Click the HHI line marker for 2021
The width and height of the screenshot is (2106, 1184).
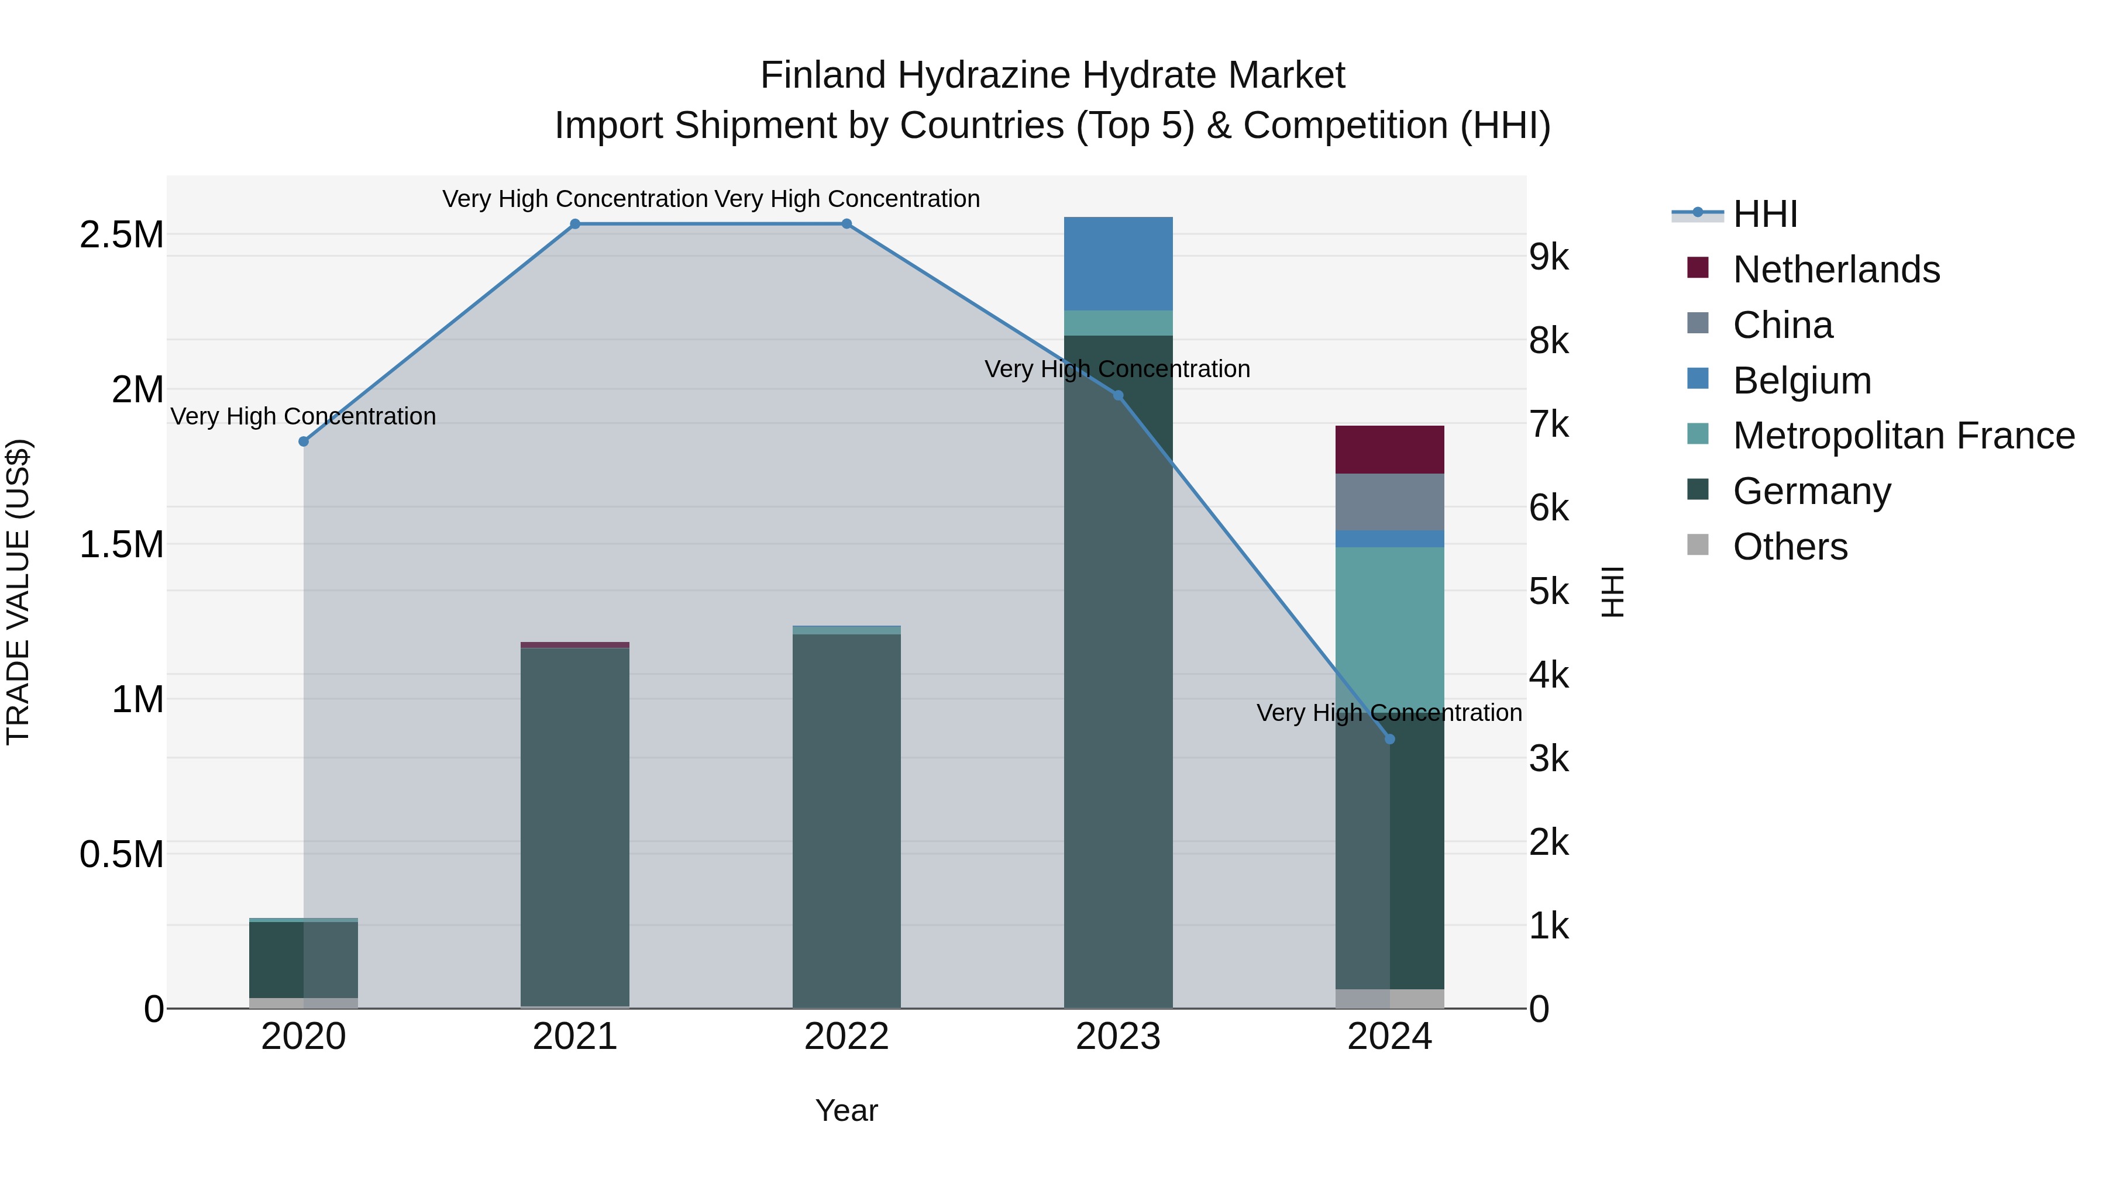tap(574, 224)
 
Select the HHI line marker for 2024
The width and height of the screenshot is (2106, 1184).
tap(1389, 738)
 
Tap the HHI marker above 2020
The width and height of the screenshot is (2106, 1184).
tap(303, 441)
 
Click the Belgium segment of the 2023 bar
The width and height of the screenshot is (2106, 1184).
tap(1117, 263)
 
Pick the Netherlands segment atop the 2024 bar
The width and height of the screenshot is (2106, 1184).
tap(1389, 450)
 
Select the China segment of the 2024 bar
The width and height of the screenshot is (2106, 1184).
tap(1389, 502)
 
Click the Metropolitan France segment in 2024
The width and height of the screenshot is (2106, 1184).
tap(1389, 621)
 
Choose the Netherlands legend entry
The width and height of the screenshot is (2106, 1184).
tap(1835, 270)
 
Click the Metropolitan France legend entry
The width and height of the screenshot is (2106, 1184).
tap(1902, 436)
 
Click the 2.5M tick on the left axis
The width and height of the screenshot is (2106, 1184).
tap(121, 235)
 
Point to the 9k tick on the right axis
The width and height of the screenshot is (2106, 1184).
tap(1548, 257)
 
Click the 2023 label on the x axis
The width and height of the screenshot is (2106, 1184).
tap(1117, 1037)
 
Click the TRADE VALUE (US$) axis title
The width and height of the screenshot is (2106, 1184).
tap(18, 592)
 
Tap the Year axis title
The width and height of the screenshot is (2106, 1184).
tap(846, 1110)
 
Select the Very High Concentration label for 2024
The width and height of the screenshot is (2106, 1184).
tap(1388, 713)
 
